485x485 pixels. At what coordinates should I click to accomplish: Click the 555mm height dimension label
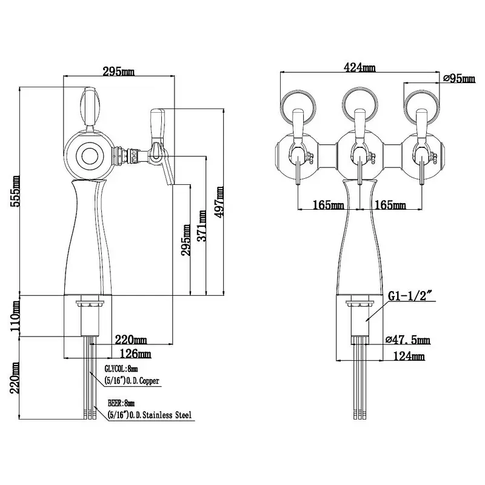click(15, 191)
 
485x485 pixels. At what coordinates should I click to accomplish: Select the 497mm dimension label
click(219, 202)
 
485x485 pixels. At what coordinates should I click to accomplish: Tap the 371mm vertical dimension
click(202, 226)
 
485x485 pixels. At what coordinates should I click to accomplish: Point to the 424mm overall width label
click(360, 67)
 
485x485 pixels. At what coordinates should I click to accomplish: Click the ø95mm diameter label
click(460, 78)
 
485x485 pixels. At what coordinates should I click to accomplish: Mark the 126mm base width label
click(135, 353)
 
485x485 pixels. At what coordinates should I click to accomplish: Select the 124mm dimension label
click(409, 356)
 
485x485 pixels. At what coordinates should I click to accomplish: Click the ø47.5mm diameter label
click(408, 339)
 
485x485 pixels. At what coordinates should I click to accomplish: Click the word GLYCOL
click(115, 369)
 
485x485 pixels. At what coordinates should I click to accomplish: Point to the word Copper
click(149, 381)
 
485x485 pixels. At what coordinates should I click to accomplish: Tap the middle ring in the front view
click(360, 104)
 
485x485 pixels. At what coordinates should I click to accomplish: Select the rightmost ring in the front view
click(422, 105)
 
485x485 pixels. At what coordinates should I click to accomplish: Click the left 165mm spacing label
click(328, 205)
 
